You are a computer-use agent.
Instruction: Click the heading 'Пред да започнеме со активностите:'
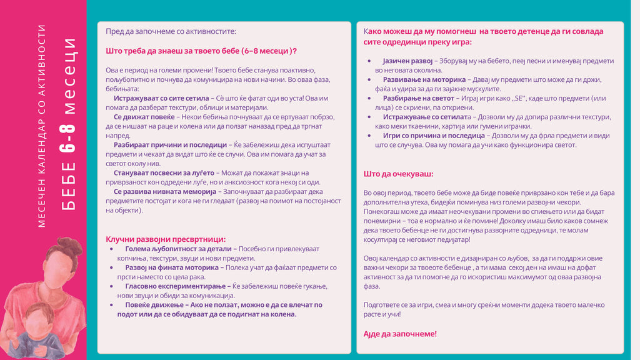[171, 31]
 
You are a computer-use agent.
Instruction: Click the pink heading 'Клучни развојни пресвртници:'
[166, 239]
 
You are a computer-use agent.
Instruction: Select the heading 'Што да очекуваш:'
[398, 174]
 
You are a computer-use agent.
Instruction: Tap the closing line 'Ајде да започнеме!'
[400, 334]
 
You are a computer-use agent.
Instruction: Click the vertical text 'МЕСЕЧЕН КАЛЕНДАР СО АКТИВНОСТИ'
[42, 125]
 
